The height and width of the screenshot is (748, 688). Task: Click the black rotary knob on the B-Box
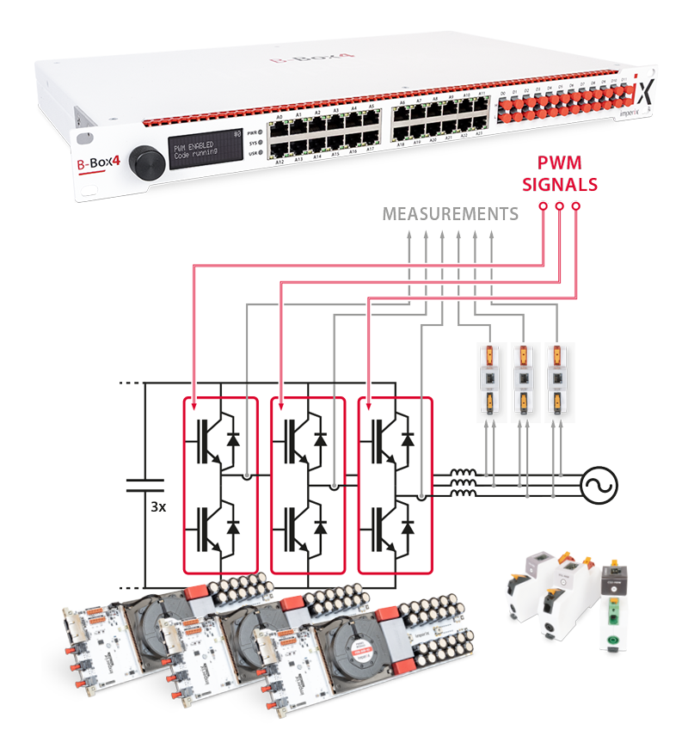coord(140,161)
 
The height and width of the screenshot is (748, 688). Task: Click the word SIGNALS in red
coord(562,184)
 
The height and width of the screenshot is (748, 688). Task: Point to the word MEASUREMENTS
coord(451,212)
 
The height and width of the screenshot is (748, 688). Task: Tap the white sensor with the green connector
coord(613,610)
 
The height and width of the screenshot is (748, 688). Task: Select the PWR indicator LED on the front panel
coord(261,132)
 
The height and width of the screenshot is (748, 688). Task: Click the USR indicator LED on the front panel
coord(261,153)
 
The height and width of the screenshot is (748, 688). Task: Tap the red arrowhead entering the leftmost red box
coord(197,405)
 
